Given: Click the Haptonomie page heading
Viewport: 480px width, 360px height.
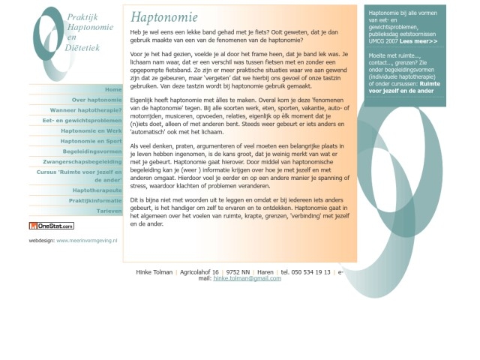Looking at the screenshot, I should [x=164, y=17].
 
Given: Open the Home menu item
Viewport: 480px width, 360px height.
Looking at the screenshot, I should [x=113, y=89].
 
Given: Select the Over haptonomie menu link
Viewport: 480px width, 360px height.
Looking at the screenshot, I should [x=97, y=100].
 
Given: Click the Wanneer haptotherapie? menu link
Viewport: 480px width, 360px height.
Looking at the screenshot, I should [x=85, y=110].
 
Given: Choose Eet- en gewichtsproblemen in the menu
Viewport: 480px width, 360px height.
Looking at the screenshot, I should [x=82, y=120].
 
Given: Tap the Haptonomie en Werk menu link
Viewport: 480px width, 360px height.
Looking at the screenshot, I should [x=91, y=130].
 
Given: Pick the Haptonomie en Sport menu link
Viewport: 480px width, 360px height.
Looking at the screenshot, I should [x=91, y=141].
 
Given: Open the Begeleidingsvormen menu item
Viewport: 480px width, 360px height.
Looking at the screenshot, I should [x=91, y=151].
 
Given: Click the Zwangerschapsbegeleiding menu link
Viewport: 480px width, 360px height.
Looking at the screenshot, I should [x=82, y=161].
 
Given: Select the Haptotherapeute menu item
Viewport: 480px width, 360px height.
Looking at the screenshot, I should [x=97, y=190].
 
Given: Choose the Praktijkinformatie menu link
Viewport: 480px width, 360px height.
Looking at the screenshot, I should [x=95, y=201].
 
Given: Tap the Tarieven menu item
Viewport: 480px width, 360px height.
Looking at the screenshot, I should [x=109, y=211].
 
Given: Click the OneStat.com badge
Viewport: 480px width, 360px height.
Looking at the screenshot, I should [x=52, y=226].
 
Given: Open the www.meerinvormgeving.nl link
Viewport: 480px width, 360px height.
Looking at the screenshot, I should [x=86, y=241].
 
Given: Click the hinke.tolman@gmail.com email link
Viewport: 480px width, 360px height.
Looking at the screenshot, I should [x=247, y=278].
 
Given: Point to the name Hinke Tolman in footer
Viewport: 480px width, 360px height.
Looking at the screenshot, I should [x=154, y=272].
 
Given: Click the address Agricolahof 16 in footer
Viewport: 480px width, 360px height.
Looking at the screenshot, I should [x=199, y=272].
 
